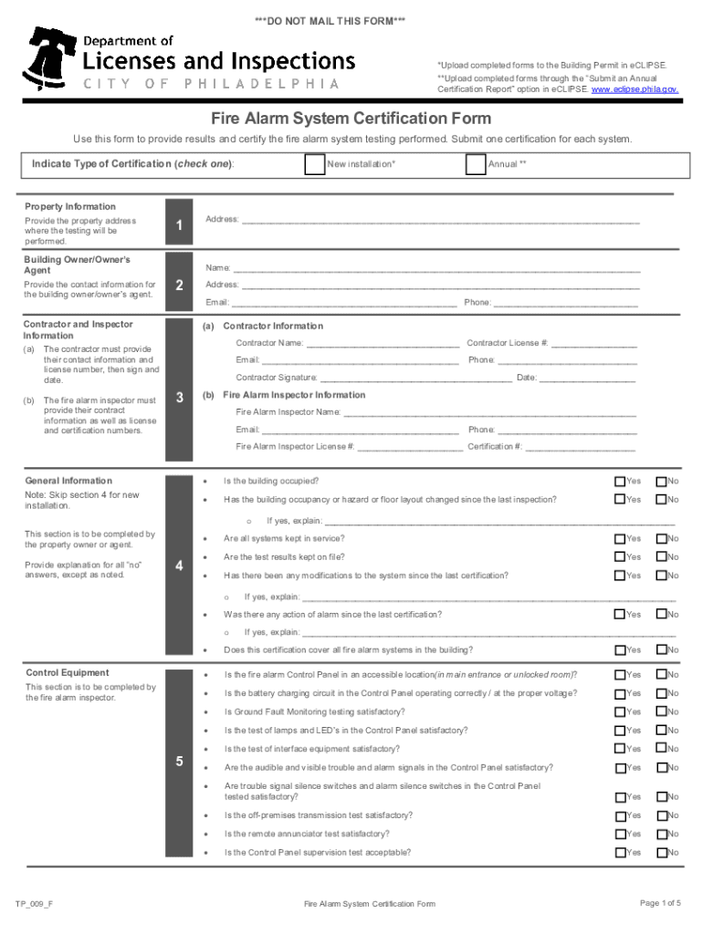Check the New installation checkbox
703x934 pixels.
click(314, 164)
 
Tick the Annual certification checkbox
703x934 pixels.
click(475, 164)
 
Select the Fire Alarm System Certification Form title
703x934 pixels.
click(351, 119)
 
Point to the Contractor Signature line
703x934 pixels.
click(415, 378)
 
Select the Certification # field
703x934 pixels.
click(581, 447)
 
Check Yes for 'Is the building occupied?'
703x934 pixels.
click(620, 481)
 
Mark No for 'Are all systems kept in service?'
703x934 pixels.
click(661, 538)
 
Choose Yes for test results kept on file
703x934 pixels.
click(620, 556)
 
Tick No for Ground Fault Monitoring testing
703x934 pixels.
click(661, 711)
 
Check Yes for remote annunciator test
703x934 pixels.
click(620, 834)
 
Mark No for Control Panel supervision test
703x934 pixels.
click(661, 852)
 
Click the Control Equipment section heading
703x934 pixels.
click(67, 673)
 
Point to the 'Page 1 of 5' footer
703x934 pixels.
click(660, 903)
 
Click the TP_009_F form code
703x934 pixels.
click(33, 904)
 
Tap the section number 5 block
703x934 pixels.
click(180, 762)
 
